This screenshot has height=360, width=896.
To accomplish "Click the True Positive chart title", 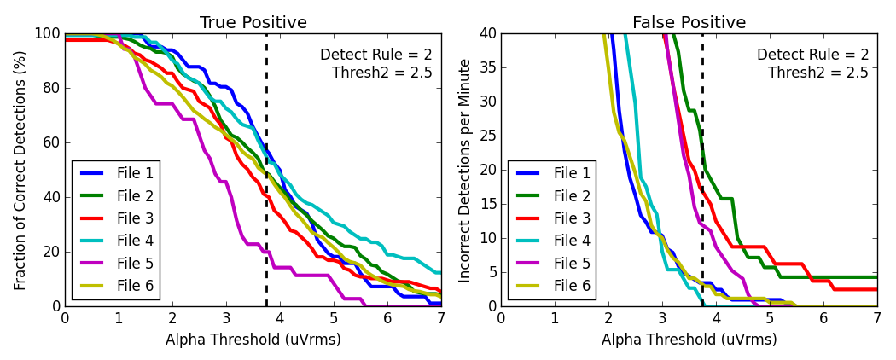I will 253,23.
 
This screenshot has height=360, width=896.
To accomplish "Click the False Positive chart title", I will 689,23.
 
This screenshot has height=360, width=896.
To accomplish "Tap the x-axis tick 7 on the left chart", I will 440,319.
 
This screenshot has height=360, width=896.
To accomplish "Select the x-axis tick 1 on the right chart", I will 555,319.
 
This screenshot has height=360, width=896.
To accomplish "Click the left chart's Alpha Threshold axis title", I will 253,340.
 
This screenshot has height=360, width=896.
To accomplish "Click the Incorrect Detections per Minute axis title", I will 464,171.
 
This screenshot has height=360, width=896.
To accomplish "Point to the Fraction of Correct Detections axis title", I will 20,171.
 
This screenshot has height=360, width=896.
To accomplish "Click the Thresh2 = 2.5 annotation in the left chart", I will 381,73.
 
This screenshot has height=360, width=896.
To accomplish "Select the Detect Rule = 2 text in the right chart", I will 812,55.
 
